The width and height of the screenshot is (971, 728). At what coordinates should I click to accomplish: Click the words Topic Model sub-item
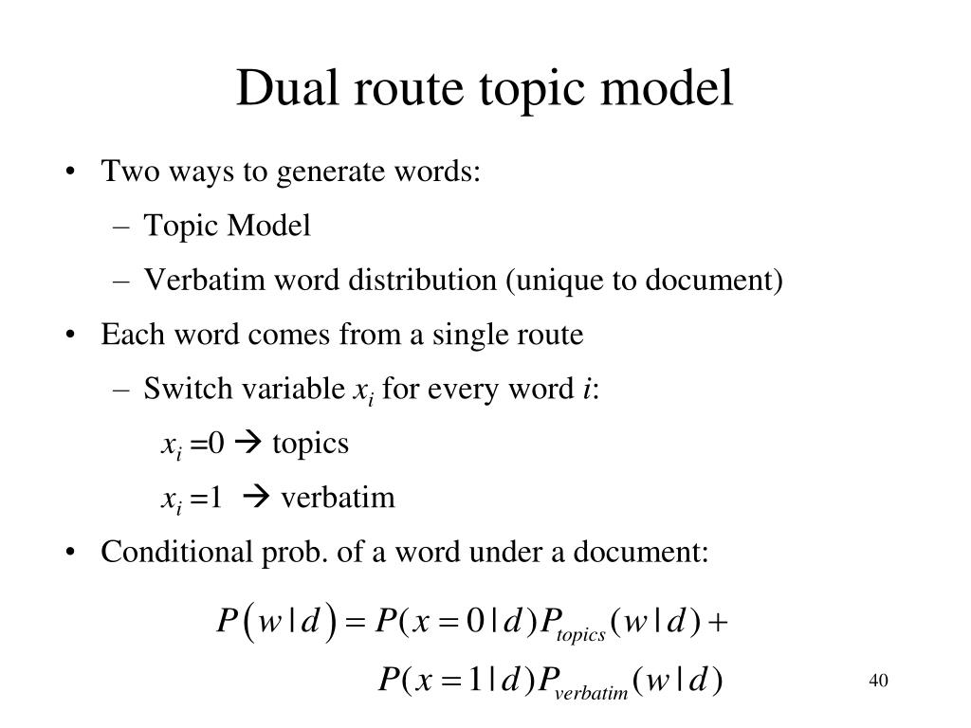228,227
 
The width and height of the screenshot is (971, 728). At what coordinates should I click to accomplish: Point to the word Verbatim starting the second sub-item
188,281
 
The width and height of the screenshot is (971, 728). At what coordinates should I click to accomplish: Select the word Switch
173,389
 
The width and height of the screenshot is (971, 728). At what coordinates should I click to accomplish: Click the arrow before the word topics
248,444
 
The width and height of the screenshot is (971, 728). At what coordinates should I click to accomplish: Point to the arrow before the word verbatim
257,498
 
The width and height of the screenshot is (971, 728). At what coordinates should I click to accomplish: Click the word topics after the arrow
311,444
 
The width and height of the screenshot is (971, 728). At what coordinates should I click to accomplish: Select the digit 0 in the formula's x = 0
481,623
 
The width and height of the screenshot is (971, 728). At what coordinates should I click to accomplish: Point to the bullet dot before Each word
73,336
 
